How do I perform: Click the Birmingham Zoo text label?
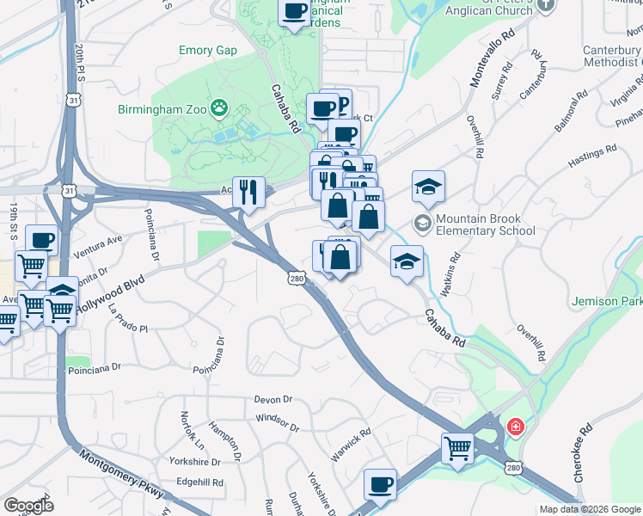[x=164, y=109]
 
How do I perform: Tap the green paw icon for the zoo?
[x=220, y=108]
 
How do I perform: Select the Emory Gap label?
[x=207, y=50]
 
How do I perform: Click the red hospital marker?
[x=515, y=426]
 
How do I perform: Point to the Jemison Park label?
[x=608, y=302]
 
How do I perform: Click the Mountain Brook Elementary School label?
[x=486, y=224]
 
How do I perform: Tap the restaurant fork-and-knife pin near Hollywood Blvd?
[x=248, y=193]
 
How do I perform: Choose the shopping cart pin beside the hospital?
[x=457, y=447]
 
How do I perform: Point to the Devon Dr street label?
[x=273, y=400]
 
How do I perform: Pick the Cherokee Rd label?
[x=583, y=452]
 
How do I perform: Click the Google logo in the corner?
[x=28, y=506]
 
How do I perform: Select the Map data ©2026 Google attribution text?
[x=589, y=509]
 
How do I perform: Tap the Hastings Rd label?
[x=598, y=162]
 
